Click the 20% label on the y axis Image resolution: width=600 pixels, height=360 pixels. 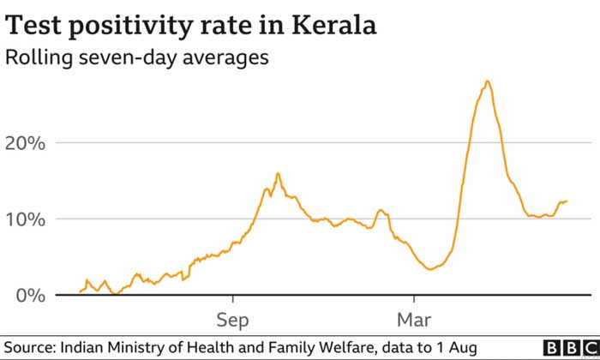pyautogui.click(x=25, y=142)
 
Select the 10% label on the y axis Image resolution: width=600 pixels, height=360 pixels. pyautogui.click(x=25, y=219)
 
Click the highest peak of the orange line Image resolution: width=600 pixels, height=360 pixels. pyautogui.click(x=487, y=81)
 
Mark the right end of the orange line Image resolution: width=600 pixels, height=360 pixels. pyautogui.click(x=567, y=201)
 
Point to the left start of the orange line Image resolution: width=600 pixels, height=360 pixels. pyautogui.click(x=80, y=291)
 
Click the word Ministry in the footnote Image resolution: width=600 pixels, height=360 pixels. pyautogui.click(x=135, y=347)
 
